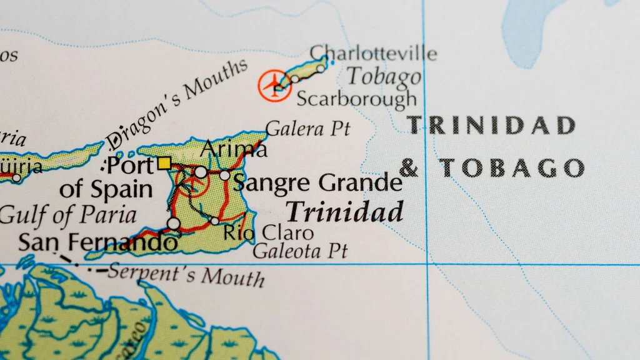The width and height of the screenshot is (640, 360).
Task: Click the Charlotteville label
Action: [373, 53]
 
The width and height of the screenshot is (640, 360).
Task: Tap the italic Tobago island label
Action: [384, 77]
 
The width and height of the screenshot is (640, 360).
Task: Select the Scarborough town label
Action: [356, 98]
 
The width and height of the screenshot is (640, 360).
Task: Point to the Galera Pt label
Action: [307, 129]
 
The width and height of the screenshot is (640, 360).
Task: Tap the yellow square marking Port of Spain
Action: [164, 164]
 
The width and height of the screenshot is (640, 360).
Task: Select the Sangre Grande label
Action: [317, 183]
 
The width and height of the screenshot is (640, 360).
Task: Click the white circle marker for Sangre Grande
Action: [224, 175]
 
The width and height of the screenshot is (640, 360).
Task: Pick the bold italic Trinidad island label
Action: [345, 212]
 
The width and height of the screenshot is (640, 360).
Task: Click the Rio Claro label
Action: [269, 233]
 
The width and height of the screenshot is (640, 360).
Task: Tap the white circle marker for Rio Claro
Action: [214, 221]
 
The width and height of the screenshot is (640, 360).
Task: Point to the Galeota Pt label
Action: [300, 251]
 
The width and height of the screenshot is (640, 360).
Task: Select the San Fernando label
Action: [97, 242]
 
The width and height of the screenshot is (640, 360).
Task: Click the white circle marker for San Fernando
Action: [173, 223]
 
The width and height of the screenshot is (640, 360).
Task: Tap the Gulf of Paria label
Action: [67, 216]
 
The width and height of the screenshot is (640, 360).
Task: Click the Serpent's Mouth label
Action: [186, 274]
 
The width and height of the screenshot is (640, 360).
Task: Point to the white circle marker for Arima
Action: [201, 172]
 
